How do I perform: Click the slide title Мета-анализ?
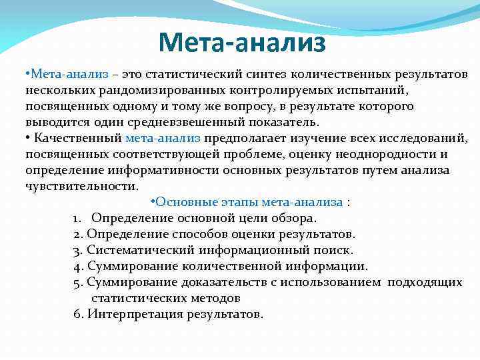pyautogui.click(x=242, y=43)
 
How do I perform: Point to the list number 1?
pyautogui.click(x=77, y=218)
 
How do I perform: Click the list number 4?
pyautogui.click(x=77, y=266)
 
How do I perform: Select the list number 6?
pyautogui.click(x=77, y=314)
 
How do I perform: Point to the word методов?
pyautogui.click(x=213, y=298)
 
